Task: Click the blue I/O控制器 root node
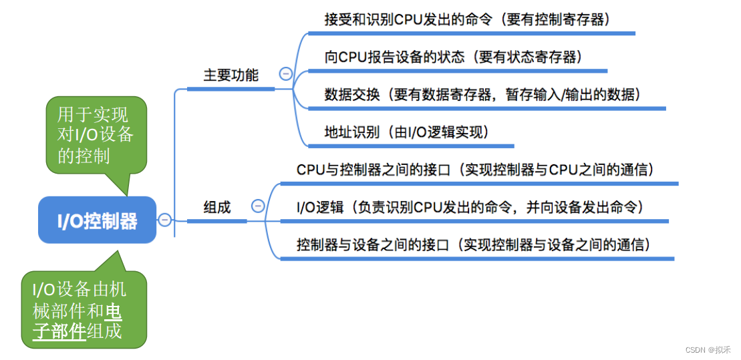pos(97,220)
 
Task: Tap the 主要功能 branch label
pos(231,75)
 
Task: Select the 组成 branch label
pos(217,208)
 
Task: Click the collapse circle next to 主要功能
pos(286,74)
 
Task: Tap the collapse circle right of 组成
pos(258,206)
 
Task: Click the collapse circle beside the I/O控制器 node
pos(164,220)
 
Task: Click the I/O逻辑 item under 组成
pos(317,207)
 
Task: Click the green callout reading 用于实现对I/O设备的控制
pos(96,136)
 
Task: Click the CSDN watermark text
pos(709,349)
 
